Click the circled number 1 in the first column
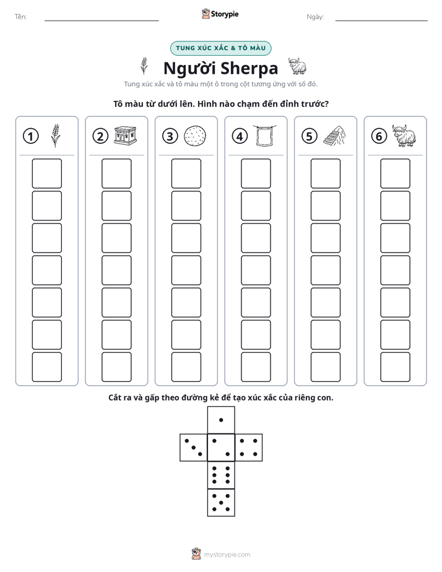point(30,136)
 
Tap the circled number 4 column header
point(240,136)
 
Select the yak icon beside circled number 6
point(404,136)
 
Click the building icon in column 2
point(125,136)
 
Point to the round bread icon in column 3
point(195,136)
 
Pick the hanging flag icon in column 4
point(264,136)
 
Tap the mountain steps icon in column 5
point(334,136)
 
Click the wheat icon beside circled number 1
point(56,136)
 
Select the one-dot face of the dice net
point(221,420)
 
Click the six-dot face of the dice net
point(221,475)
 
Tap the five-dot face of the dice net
point(221,502)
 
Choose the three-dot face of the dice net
point(194,448)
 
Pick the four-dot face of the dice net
point(249,448)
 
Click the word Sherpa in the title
point(249,69)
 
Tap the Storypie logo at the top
point(220,14)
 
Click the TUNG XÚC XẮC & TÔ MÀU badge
point(220,48)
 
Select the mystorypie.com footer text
point(227,555)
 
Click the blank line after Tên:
point(102,20)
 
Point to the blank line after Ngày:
point(381,20)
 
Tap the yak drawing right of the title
point(297,66)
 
